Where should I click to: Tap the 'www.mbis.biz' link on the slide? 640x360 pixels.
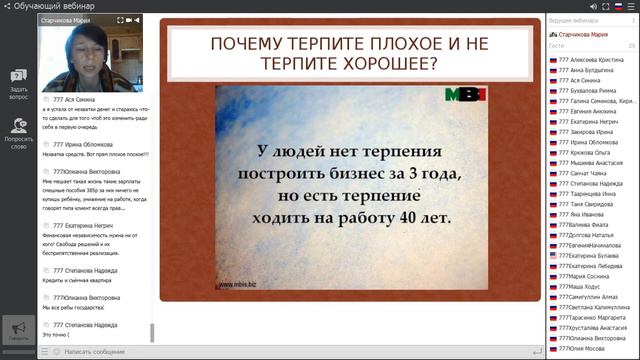pyautogui.click(x=235, y=284)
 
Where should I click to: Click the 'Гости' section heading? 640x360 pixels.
pyautogui.click(x=557, y=45)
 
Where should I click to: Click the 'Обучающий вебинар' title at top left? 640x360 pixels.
pyautogui.click(x=44, y=6)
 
